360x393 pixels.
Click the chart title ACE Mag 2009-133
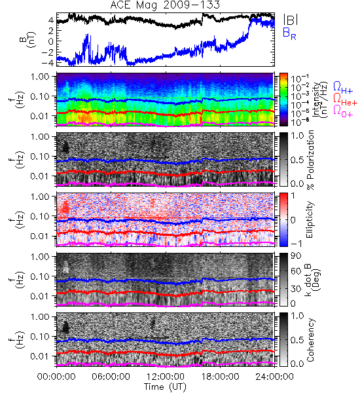tap(165, 5)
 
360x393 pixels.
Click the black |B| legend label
tap(291, 19)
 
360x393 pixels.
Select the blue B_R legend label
tap(289, 33)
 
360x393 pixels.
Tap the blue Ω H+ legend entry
tap(343, 88)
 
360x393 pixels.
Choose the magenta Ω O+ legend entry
tap(343, 111)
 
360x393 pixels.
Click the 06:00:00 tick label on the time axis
tap(111, 377)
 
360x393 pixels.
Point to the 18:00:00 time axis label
tap(220, 377)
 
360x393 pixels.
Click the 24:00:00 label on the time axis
tap(274, 377)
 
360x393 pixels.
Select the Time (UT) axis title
tap(165, 387)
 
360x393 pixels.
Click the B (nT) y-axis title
tap(29, 39)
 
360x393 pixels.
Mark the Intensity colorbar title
tap(320, 100)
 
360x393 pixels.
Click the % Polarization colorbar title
tap(310, 160)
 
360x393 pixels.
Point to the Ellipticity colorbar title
tap(310, 219)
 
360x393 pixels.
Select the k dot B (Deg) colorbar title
tap(313, 279)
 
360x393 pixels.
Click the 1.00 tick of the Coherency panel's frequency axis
tap(41, 317)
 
